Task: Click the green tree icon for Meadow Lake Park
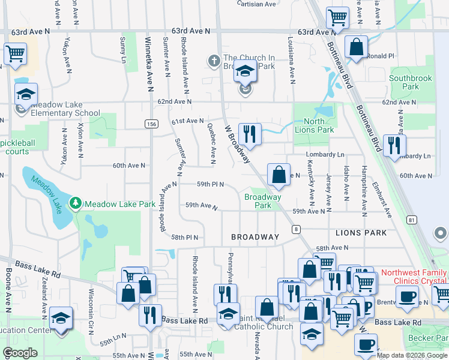click(x=76, y=204)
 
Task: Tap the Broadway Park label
click(x=262, y=201)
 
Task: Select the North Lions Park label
click(x=314, y=125)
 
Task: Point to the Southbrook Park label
click(x=411, y=82)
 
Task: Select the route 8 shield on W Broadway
click(x=297, y=229)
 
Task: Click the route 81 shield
click(x=411, y=220)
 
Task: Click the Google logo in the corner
click(x=20, y=353)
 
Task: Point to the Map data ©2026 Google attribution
click(x=412, y=355)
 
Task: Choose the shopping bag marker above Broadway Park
click(x=279, y=175)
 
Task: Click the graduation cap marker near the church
click(x=245, y=72)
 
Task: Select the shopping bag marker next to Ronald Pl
click(x=357, y=47)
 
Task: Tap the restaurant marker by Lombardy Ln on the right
click(x=394, y=146)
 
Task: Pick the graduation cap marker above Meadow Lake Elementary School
click(x=26, y=94)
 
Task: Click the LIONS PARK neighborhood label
click(x=361, y=232)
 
